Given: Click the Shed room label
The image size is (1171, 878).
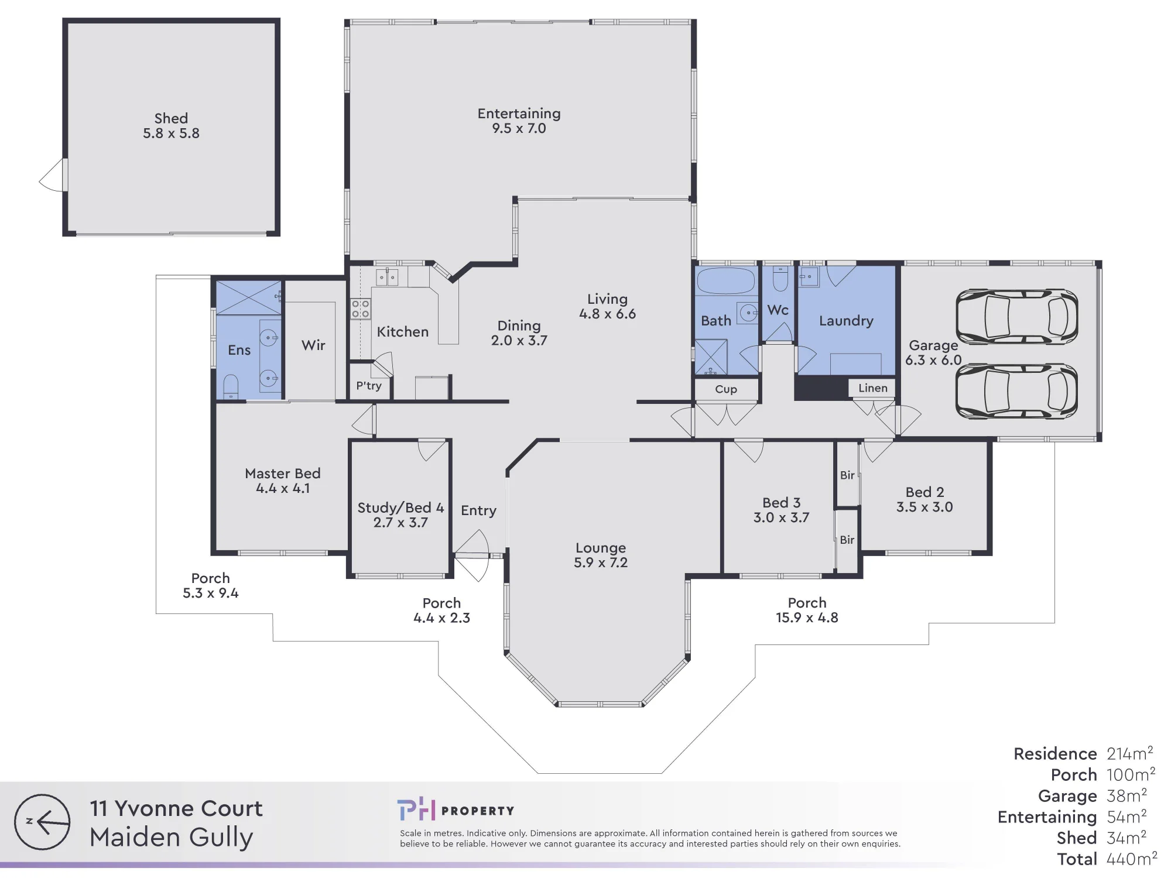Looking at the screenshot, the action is pyautogui.click(x=171, y=118).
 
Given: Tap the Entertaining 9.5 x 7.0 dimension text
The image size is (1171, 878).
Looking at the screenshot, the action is pyautogui.click(x=519, y=129).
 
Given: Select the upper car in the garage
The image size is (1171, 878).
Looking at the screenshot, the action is pyautogui.click(x=1017, y=316).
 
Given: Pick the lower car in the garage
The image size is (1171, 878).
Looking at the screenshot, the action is pyautogui.click(x=1017, y=391).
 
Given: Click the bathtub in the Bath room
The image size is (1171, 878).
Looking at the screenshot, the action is pyautogui.click(x=726, y=281).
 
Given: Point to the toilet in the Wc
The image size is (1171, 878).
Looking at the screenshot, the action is pyautogui.click(x=780, y=279).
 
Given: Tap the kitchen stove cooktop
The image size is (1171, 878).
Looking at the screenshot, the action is pyautogui.click(x=360, y=309).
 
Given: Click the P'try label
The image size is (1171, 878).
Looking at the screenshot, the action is pyautogui.click(x=369, y=386).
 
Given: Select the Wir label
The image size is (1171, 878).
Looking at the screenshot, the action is pyautogui.click(x=313, y=345).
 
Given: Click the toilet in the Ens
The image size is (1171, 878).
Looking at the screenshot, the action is pyautogui.click(x=231, y=386).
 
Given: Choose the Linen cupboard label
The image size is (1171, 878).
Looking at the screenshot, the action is pyautogui.click(x=873, y=388).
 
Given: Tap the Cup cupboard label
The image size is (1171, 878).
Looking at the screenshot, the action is pyautogui.click(x=726, y=389).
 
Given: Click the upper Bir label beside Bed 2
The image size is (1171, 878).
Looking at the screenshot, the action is pyautogui.click(x=847, y=475).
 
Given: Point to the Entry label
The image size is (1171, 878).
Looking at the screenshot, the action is pyautogui.click(x=478, y=511).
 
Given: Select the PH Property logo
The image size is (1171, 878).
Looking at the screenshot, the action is pyautogui.click(x=456, y=810).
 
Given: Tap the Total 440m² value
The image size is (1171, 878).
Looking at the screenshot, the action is pyautogui.click(x=1132, y=859).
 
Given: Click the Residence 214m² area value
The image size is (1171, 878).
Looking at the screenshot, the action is pyautogui.click(x=1130, y=753).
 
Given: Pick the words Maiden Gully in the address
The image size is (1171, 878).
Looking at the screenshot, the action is pyautogui.click(x=172, y=838).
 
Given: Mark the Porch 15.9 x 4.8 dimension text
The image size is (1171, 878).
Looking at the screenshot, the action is pyautogui.click(x=807, y=618).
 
